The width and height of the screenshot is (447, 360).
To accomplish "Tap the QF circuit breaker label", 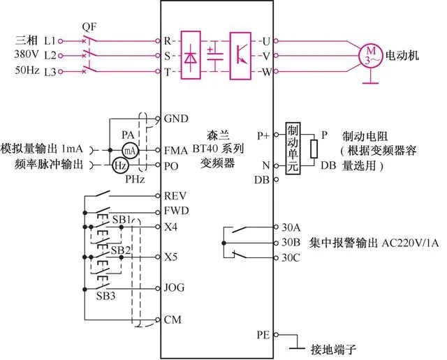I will pos(89,27).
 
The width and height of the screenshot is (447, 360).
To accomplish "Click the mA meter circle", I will pos(129,149).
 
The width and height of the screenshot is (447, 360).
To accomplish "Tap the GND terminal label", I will pos(177,119).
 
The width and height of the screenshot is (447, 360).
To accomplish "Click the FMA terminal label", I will pos(177,150).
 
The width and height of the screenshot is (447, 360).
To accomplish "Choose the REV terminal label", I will pos(176,196).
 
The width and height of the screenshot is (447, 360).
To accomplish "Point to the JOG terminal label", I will pos(175,287).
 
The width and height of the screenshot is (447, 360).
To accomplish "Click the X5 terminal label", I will pos(172,256).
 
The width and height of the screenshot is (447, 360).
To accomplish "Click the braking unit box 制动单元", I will pos(293,147).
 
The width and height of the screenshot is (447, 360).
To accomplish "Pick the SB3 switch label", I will pos(107,294).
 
